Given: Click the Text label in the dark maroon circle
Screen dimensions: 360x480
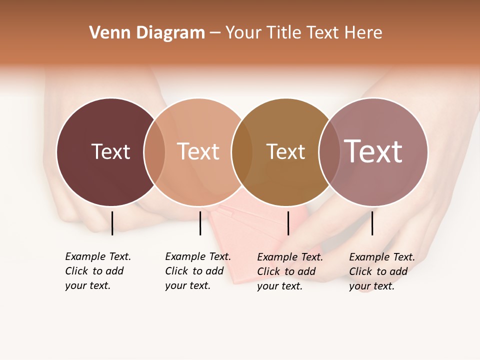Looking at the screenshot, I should tap(110, 152).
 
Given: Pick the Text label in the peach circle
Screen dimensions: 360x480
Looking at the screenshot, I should tap(198, 152).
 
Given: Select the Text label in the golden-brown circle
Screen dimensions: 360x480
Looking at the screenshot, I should tap(285, 152).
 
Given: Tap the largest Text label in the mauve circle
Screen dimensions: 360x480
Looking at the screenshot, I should tap(373, 151).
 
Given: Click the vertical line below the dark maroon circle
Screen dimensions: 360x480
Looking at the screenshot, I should tap(112, 223).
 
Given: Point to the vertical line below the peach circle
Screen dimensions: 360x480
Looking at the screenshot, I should tap(200, 223).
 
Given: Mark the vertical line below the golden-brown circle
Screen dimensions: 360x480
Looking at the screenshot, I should tap(288, 223).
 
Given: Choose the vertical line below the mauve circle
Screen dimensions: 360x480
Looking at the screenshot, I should tap(372, 223).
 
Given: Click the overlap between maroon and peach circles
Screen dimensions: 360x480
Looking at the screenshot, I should tap(154, 152).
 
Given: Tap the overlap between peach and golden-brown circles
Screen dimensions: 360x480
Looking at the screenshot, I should tap(242, 152).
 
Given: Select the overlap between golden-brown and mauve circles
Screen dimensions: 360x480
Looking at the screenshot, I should tap(329, 152).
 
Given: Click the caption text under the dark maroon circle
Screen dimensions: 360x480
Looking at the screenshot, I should tap(98, 271).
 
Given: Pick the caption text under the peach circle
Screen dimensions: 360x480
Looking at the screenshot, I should tap(198, 271).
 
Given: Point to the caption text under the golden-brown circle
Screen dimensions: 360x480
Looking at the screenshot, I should tap(290, 271).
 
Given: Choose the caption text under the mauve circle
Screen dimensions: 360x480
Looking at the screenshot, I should tap(382, 271).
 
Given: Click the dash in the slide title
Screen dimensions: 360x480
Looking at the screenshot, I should tap(215, 33).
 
